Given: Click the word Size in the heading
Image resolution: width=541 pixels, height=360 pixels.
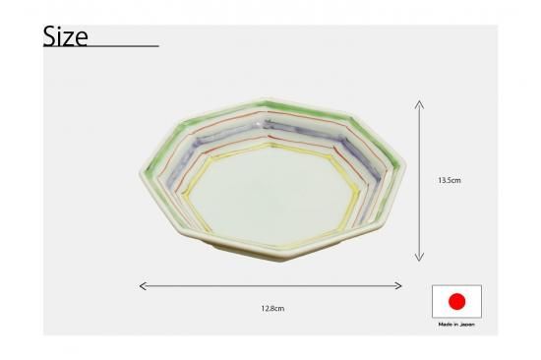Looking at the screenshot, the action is click(65, 36).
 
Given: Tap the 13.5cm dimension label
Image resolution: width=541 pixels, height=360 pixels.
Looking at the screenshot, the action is click(450, 180).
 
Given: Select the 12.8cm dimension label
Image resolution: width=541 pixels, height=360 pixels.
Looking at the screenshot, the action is click(272, 308).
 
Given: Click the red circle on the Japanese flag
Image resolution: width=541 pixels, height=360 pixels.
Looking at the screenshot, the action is click(456, 301).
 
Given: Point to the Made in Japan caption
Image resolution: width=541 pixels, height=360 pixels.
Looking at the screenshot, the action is click(456, 325).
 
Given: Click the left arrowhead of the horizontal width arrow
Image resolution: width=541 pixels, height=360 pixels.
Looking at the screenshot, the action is click(143, 286).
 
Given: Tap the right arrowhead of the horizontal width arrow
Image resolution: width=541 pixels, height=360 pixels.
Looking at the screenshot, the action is click(398, 286).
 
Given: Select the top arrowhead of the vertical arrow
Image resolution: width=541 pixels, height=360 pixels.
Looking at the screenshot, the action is click(419, 104).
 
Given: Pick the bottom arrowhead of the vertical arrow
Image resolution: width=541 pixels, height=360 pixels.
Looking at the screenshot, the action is click(419, 257).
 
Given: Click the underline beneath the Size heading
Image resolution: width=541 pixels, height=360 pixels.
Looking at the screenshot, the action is click(100, 46).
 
